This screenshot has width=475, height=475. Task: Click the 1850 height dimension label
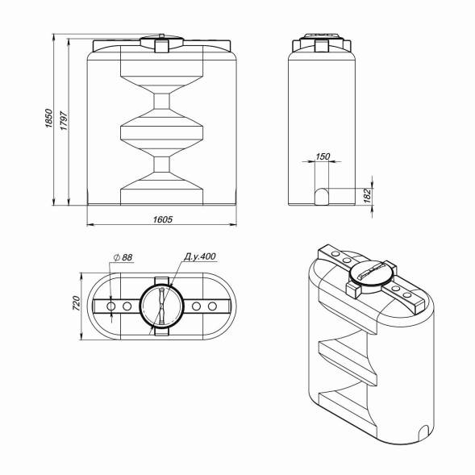click(x=48, y=118)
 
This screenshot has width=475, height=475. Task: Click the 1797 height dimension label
click(x=64, y=121)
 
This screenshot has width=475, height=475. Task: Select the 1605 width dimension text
click(x=163, y=219)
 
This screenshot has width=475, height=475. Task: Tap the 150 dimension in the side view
click(x=323, y=156)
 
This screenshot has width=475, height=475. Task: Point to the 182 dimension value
click(x=367, y=196)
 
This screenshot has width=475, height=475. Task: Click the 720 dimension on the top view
click(x=77, y=303)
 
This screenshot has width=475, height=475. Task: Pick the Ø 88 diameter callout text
click(x=123, y=257)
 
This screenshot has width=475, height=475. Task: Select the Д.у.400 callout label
click(x=200, y=256)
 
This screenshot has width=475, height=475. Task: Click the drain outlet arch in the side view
click(x=322, y=196)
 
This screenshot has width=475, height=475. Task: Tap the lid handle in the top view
click(x=161, y=306)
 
